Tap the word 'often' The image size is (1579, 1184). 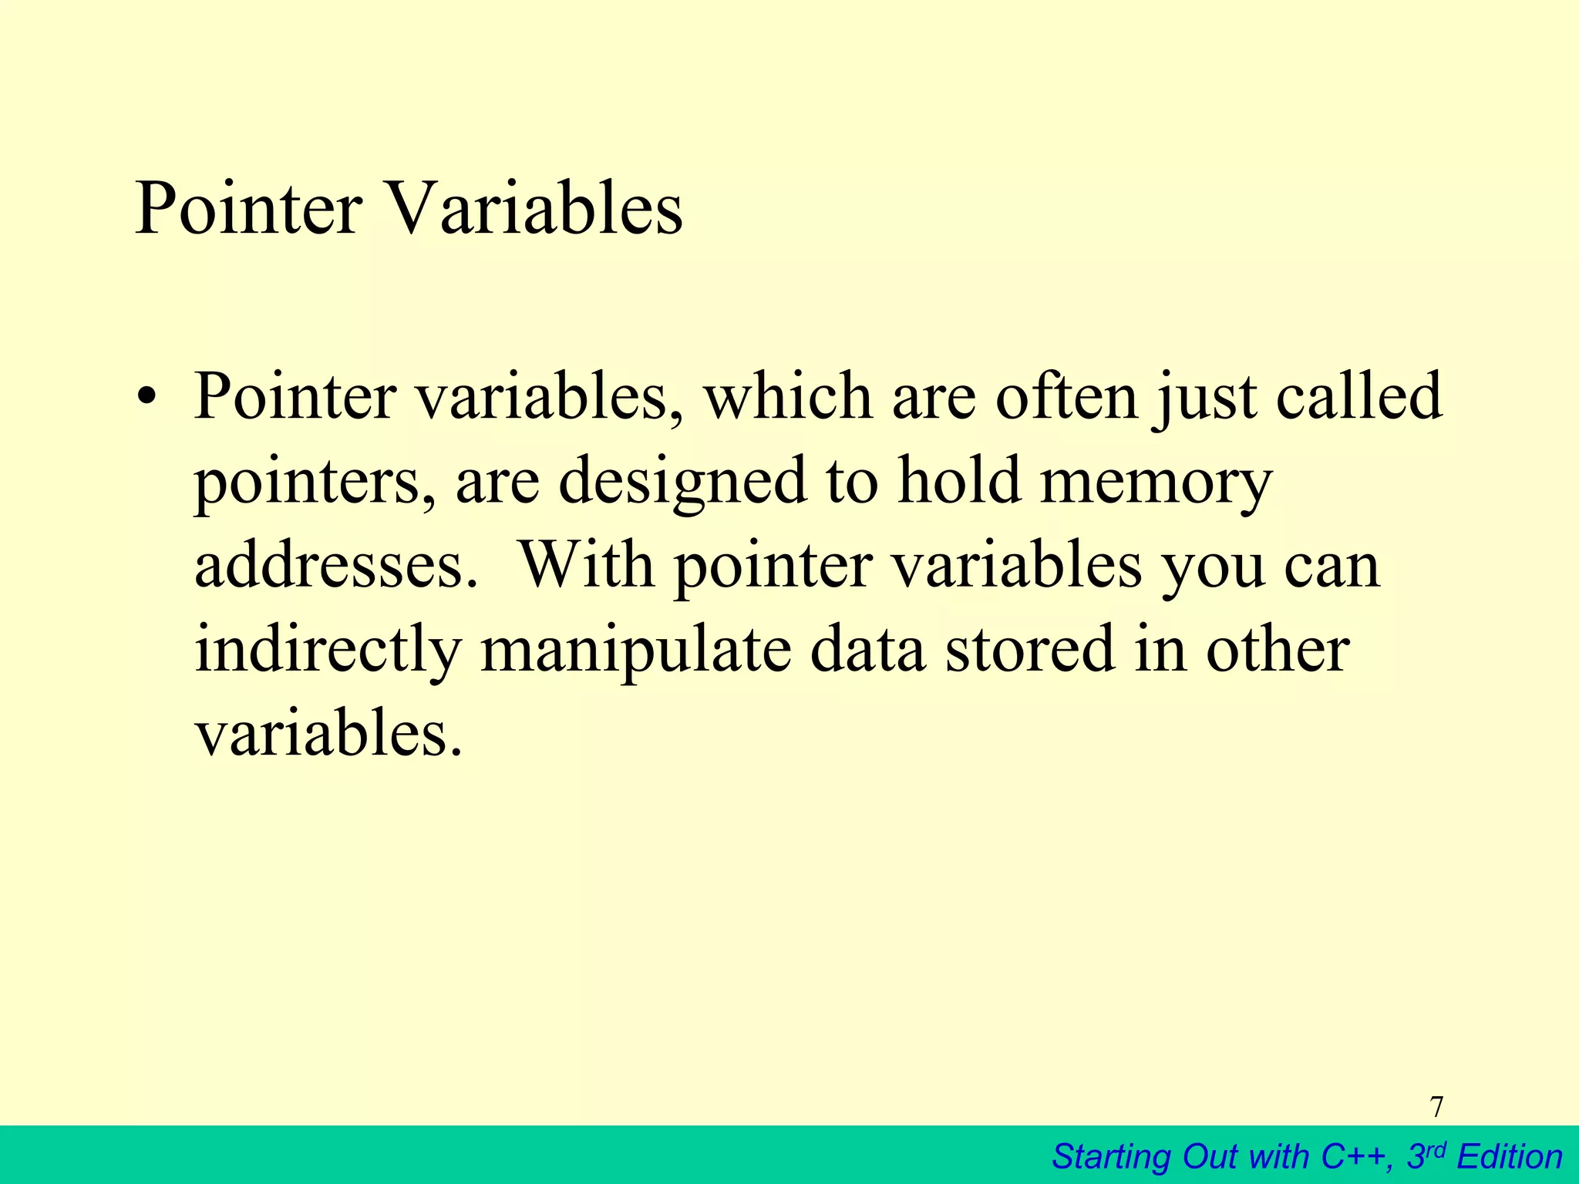1067,397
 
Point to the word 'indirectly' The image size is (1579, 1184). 328,651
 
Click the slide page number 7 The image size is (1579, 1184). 1436,1107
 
